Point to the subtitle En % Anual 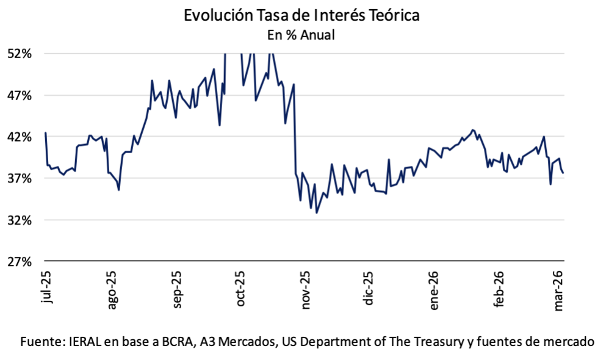301,35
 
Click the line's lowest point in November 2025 317,213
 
